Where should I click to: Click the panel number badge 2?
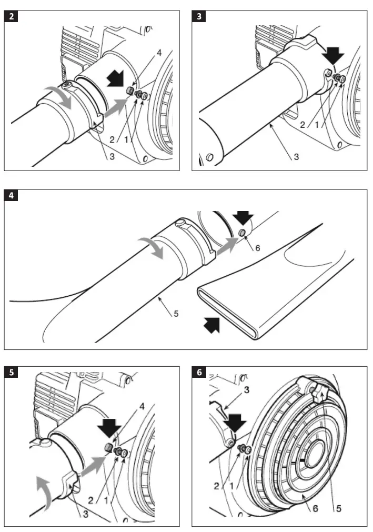pos(11,16)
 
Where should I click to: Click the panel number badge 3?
pos(199,16)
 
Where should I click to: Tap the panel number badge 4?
pos(11,196)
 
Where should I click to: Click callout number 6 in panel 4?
pos(257,247)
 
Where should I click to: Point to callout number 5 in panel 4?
pos(176,314)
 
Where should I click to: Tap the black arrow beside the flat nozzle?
pos(211,326)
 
